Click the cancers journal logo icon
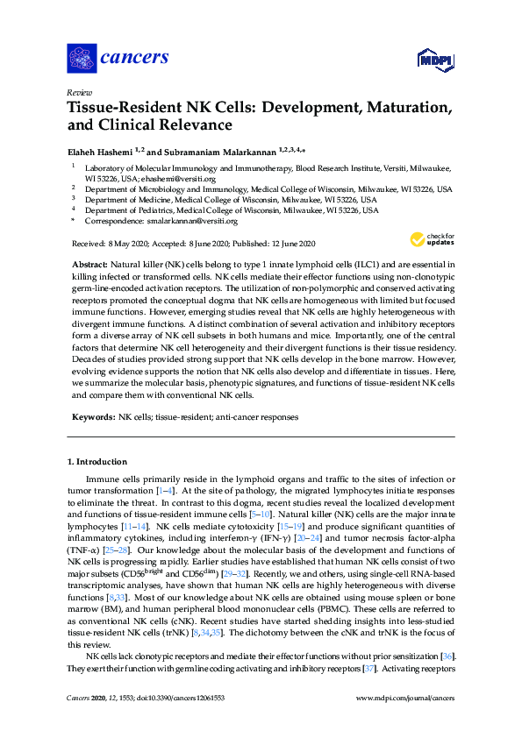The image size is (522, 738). [82, 58]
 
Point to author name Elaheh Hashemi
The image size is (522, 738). [101, 152]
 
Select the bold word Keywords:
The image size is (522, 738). [92, 416]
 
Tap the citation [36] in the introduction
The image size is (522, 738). [446, 656]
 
